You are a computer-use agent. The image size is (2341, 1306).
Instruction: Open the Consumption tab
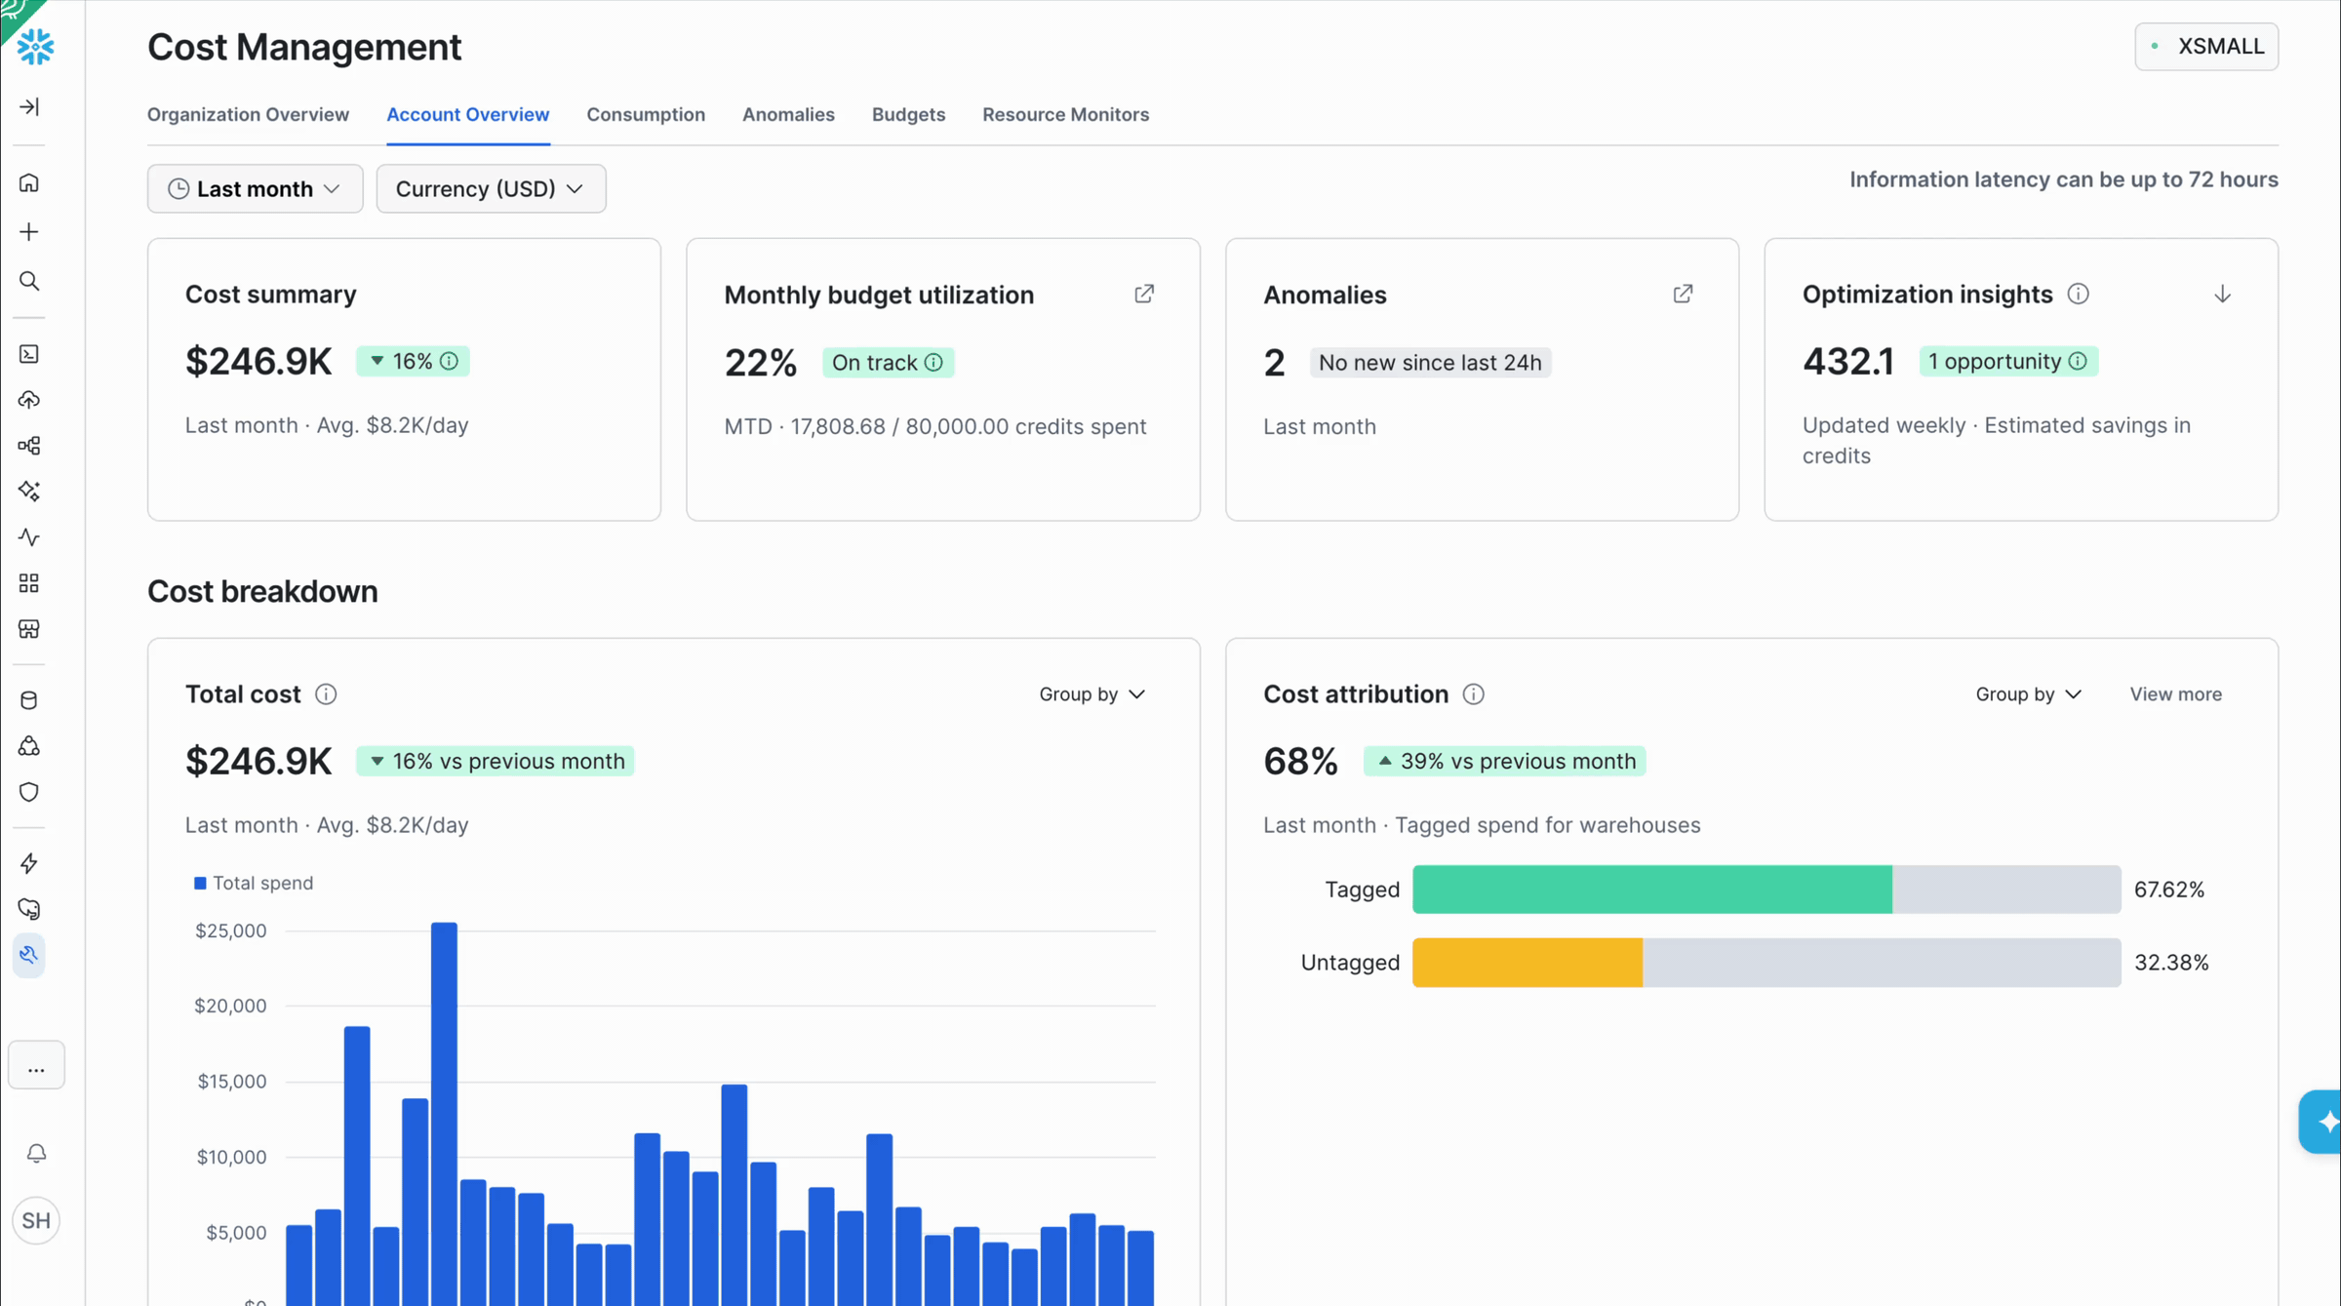[646, 114]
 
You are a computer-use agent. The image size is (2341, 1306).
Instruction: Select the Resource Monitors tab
[1065, 114]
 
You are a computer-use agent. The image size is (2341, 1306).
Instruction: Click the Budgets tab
[908, 114]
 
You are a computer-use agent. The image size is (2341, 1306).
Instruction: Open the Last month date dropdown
[255, 188]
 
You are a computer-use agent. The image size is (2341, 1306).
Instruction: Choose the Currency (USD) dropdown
[491, 188]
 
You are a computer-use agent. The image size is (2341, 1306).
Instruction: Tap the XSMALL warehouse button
[2206, 47]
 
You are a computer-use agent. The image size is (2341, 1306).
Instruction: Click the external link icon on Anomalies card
[1683, 294]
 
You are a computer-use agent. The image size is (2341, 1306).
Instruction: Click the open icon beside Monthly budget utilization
[1144, 294]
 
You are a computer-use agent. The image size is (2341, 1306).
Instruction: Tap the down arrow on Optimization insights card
[2222, 294]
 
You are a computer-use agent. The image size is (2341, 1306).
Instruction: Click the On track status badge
[888, 363]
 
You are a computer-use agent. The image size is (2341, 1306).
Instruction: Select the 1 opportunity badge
[2008, 361]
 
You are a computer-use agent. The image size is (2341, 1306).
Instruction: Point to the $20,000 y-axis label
[230, 1006]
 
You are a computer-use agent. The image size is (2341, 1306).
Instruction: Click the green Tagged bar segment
[1652, 890]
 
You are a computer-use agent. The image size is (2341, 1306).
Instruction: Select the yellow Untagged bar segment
[1528, 963]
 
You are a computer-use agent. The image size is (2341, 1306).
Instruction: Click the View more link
[2175, 694]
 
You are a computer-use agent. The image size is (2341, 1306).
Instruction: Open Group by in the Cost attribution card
[2029, 694]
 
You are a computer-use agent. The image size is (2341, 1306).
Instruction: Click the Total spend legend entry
[254, 883]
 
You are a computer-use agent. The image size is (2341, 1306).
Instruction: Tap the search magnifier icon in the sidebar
[29, 282]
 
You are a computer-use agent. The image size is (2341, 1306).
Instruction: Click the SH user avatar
[36, 1220]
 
